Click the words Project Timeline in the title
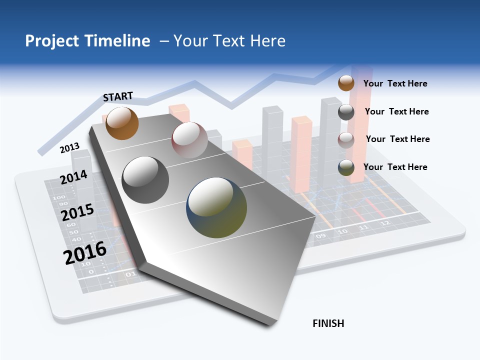(87, 41)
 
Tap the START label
(118, 96)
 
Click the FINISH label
(328, 323)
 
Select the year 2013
(69, 148)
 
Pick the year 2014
(73, 177)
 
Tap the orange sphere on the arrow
(122, 123)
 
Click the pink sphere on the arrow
(189, 140)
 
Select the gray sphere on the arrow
(145, 180)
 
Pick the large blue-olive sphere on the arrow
(216, 207)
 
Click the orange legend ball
(346, 83)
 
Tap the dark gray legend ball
(346, 112)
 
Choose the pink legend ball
(346, 140)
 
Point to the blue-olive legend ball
(346, 167)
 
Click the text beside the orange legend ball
(395, 83)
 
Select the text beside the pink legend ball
(397, 139)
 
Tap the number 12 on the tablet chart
(384, 223)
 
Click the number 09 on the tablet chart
(320, 235)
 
